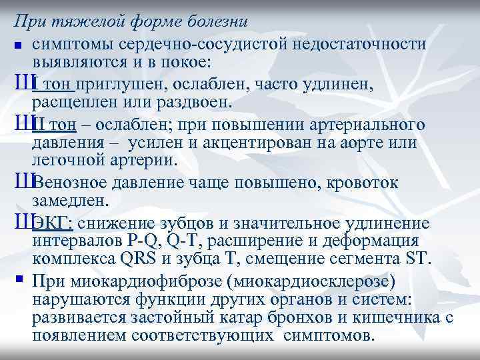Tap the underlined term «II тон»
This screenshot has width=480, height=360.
58,125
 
